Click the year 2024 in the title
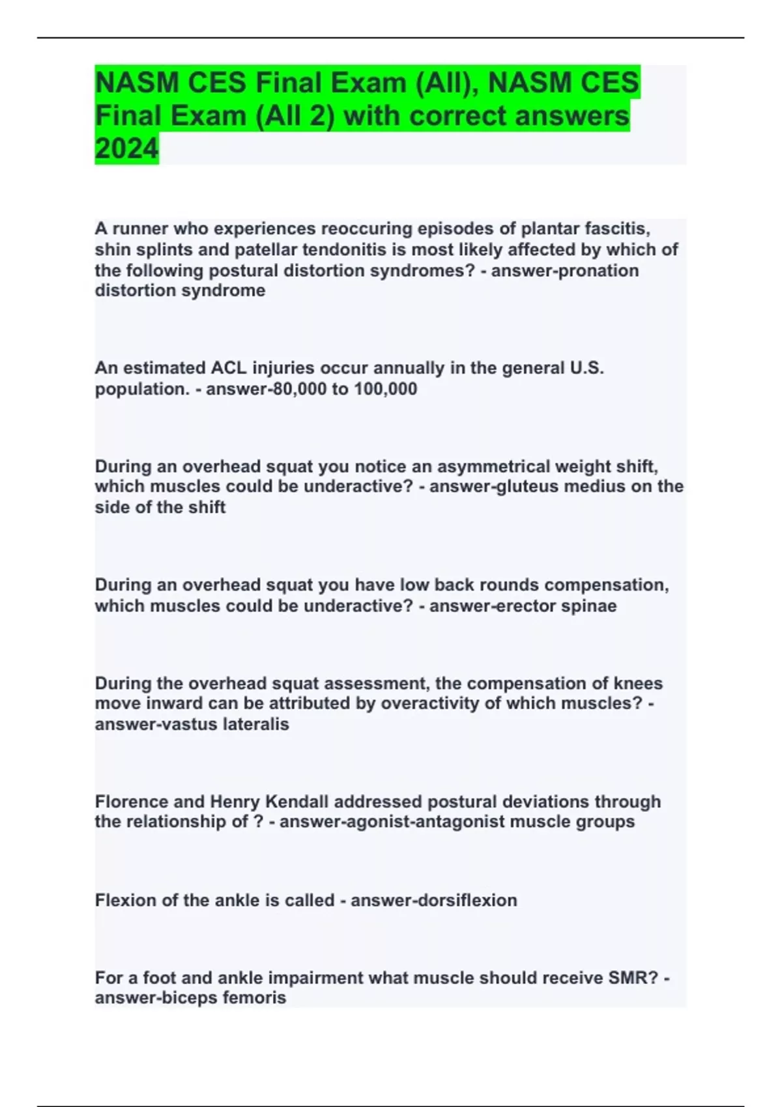tap(126, 148)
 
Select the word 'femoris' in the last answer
tap(254, 998)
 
